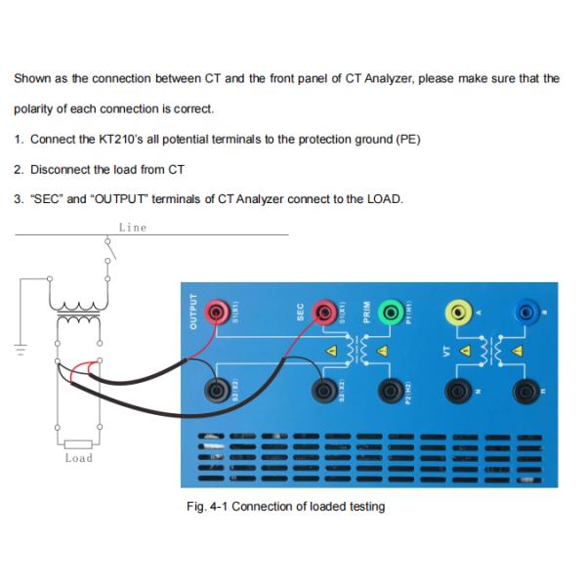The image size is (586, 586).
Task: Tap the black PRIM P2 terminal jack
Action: [391, 392]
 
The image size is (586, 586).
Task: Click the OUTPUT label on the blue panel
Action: [192, 312]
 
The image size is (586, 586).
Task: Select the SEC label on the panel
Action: [301, 312]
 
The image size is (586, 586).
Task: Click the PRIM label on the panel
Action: [367, 311]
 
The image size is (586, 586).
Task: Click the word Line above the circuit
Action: [132, 228]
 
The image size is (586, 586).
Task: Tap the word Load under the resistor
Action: [78, 458]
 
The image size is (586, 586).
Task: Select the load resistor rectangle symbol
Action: [78, 443]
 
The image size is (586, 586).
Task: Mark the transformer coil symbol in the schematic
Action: [79, 314]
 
